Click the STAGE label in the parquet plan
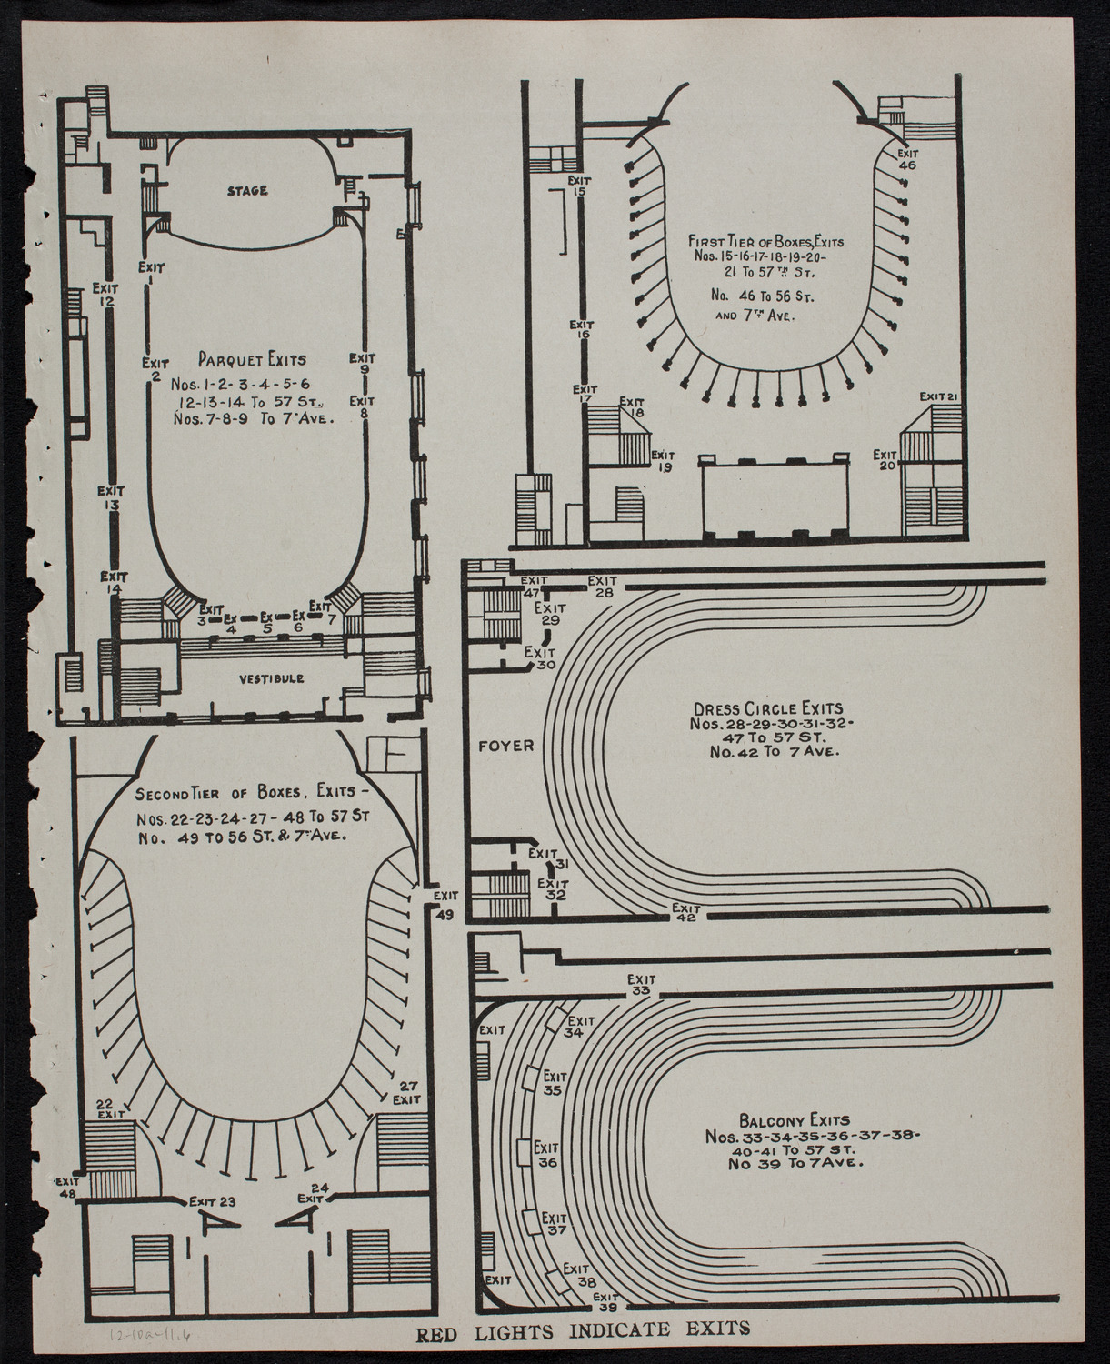pyautogui.click(x=247, y=191)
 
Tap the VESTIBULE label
pyautogui.click(x=272, y=679)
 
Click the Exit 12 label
pyautogui.click(x=105, y=295)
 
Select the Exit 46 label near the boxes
pyautogui.click(x=907, y=159)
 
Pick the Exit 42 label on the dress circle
pyautogui.click(x=687, y=912)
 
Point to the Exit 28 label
pyautogui.click(x=602, y=587)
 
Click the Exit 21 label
pyautogui.click(x=939, y=396)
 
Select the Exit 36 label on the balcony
pyautogui.click(x=545, y=1155)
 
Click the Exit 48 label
pyautogui.click(x=69, y=1187)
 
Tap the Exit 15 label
pyautogui.click(x=578, y=186)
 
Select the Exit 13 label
pyautogui.click(x=112, y=497)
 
